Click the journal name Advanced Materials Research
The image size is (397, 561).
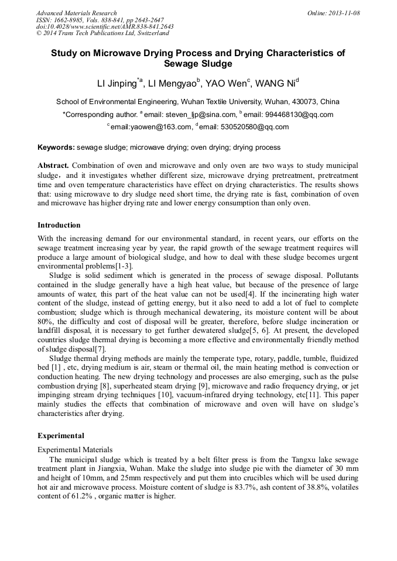tap(76, 13)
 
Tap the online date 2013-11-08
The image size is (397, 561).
tap(344, 13)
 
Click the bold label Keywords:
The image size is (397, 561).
tap(56, 147)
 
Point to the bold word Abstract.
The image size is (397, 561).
tap(53, 166)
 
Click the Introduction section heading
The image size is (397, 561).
tap(59, 225)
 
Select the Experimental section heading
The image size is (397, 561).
tap(61, 436)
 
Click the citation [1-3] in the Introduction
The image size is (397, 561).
tap(123, 266)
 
